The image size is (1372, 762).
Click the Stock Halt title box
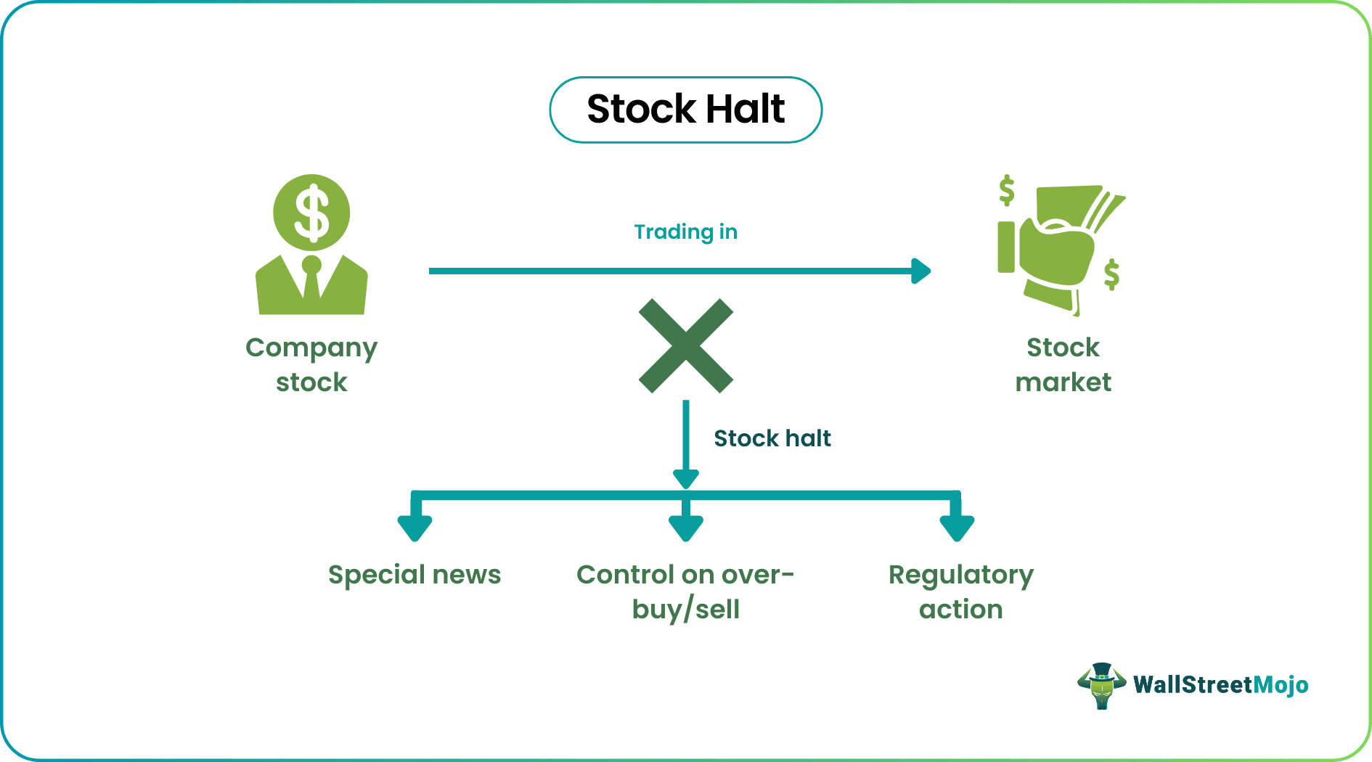(685, 110)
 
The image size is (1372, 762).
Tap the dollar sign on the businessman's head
(311, 213)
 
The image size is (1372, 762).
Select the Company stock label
(311, 364)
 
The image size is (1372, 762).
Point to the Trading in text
(685, 232)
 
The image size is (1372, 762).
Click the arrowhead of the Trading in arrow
(920, 271)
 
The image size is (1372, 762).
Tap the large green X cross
(685, 345)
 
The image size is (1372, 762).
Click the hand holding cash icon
(1056, 250)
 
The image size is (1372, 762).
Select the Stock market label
(1063, 364)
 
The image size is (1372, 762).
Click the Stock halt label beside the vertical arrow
(772, 438)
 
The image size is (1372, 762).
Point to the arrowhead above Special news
(415, 527)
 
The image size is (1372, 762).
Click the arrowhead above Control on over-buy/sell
(685, 527)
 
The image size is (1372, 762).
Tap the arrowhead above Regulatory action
(957, 527)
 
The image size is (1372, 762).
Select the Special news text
(415, 575)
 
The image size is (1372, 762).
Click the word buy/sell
(685, 610)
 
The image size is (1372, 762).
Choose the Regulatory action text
(960, 591)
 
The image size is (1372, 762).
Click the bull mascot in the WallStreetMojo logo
(1101, 685)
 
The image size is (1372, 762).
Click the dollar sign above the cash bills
(1006, 190)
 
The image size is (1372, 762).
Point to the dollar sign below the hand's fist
(1111, 274)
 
